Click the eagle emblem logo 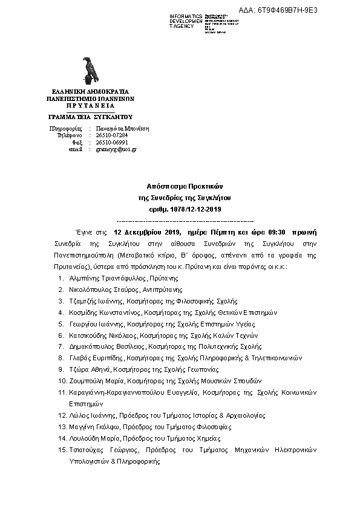point(91,71)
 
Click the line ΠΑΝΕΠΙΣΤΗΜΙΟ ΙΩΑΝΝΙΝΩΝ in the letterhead point(90,97)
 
